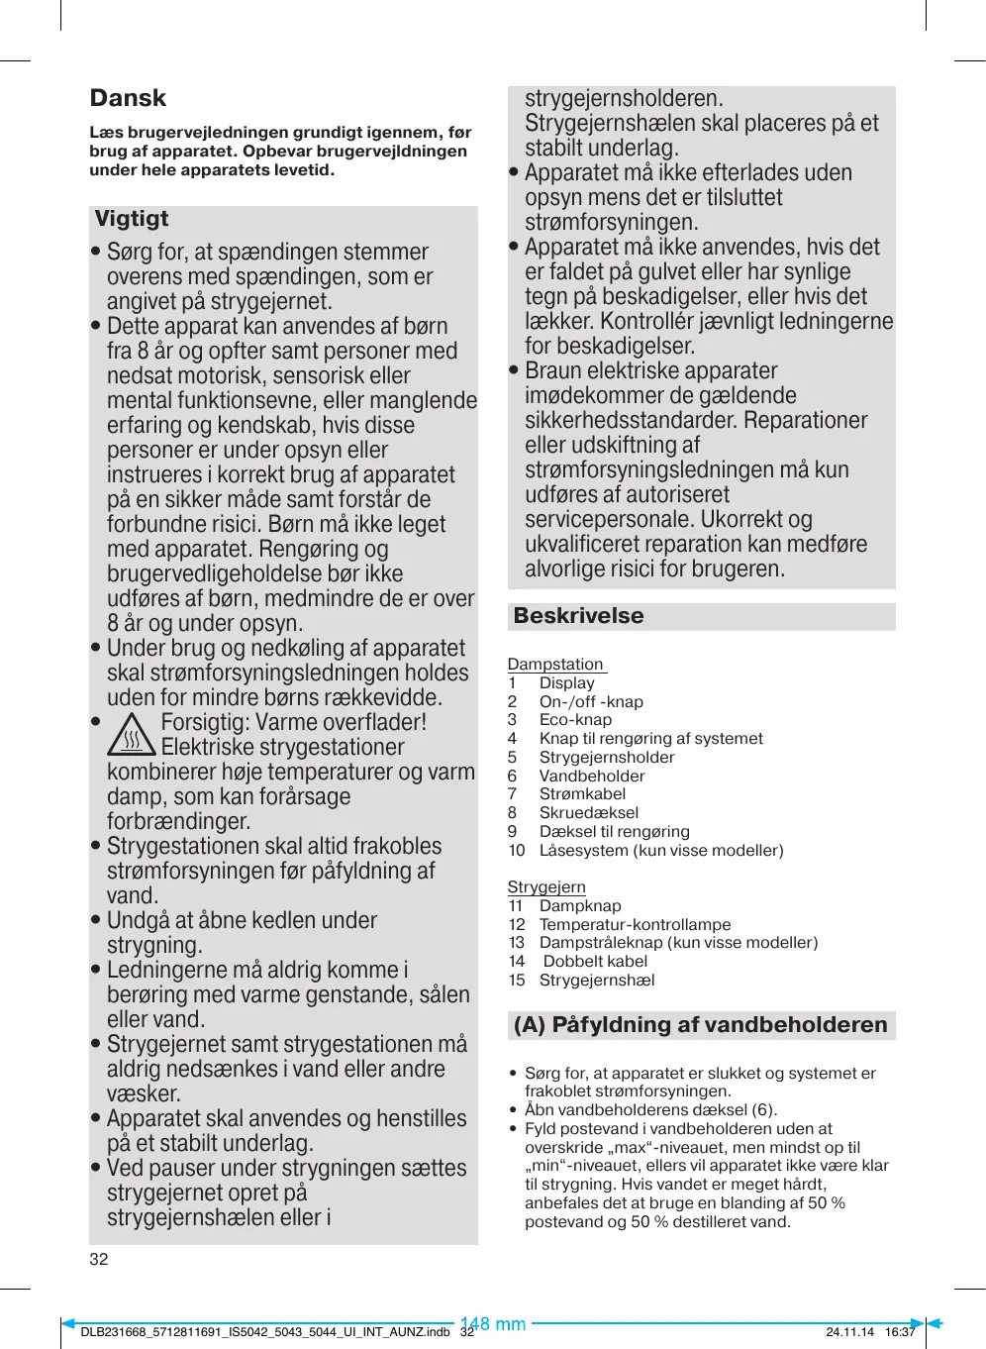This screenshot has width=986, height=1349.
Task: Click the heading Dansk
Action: [x=128, y=98]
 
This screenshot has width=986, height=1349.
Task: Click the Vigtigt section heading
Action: [x=132, y=219]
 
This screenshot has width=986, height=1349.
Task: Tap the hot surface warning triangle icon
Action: [x=131, y=735]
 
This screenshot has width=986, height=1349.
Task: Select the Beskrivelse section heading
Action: [x=578, y=616]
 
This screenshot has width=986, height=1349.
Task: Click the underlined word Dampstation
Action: [x=555, y=665]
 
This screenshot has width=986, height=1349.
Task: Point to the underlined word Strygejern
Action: [x=546, y=887]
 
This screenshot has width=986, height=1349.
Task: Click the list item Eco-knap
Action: [x=575, y=720]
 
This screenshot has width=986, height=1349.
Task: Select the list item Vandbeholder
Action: [x=592, y=777]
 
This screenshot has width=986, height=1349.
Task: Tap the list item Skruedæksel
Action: [x=589, y=813]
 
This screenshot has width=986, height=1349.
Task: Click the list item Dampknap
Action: [x=580, y=906]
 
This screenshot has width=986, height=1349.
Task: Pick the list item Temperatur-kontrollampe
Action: [x=635, y=925]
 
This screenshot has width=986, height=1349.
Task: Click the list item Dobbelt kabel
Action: [x=595, y=962]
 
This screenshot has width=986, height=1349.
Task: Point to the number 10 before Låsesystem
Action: [x=517, y=851]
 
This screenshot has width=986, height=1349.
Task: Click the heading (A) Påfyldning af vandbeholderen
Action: [x=700, y=1025]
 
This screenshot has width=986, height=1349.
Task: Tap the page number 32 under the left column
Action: [x=99, y=1260]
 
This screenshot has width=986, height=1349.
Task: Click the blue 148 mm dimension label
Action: [x=493, y=1324]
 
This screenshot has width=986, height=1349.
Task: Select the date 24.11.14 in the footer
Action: [x=849, y=1332]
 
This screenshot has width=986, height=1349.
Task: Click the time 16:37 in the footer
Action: [x=900, y=1332]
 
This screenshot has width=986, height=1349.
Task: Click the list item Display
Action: [x=567, y=683]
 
